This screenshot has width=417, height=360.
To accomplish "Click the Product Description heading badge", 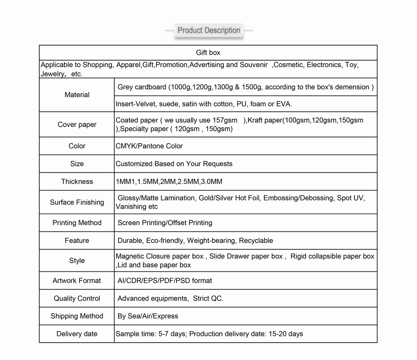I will click(x=208, y=31).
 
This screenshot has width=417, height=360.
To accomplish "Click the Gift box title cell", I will click(x=208, y=52).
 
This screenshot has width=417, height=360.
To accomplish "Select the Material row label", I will click(x=77, y=95).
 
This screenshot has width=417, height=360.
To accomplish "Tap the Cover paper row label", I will click(x=77, y=124).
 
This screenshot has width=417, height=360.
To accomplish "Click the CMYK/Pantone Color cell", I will click(x=149, y=146).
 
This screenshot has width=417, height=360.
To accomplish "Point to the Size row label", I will click(x=77, y=164).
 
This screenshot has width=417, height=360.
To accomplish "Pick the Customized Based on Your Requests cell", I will click(x=174, y=164).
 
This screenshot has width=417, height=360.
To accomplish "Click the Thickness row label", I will click(x=77, y=181).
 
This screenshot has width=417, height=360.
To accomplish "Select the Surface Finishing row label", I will click(x=77, y=202).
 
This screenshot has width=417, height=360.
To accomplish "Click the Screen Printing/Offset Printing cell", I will click(x=165, y=223).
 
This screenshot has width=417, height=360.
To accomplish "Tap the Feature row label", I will click(x=77, y=240).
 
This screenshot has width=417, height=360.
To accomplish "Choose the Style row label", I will click(x=77, y=261).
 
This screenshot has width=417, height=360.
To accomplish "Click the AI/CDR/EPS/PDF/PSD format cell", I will click(x=165, y=280).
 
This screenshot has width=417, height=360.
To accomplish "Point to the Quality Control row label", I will click(x=77, y=298).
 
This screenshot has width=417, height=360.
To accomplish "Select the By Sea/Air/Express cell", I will click(x=148, y=316).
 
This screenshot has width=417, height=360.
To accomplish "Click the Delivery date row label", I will click(x=77, y=334).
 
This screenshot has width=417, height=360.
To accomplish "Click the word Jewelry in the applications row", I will click(x=52, y=74).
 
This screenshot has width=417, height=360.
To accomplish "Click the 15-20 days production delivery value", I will click(x=286, y=334).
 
